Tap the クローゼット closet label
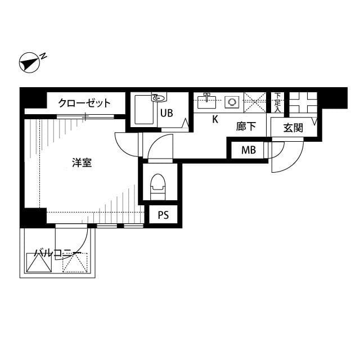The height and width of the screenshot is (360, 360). pos(84,103)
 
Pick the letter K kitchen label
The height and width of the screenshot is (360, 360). pos(215,119)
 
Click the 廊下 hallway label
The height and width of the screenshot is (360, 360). pos(246,127)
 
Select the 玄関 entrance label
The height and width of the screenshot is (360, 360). pos(292,128)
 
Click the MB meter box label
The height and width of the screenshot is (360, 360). pos(248,150)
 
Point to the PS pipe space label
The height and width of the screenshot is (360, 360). pos(163,215)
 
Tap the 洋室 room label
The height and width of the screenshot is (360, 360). pos(82,163)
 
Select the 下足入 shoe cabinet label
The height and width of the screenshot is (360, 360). pos(277,103)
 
